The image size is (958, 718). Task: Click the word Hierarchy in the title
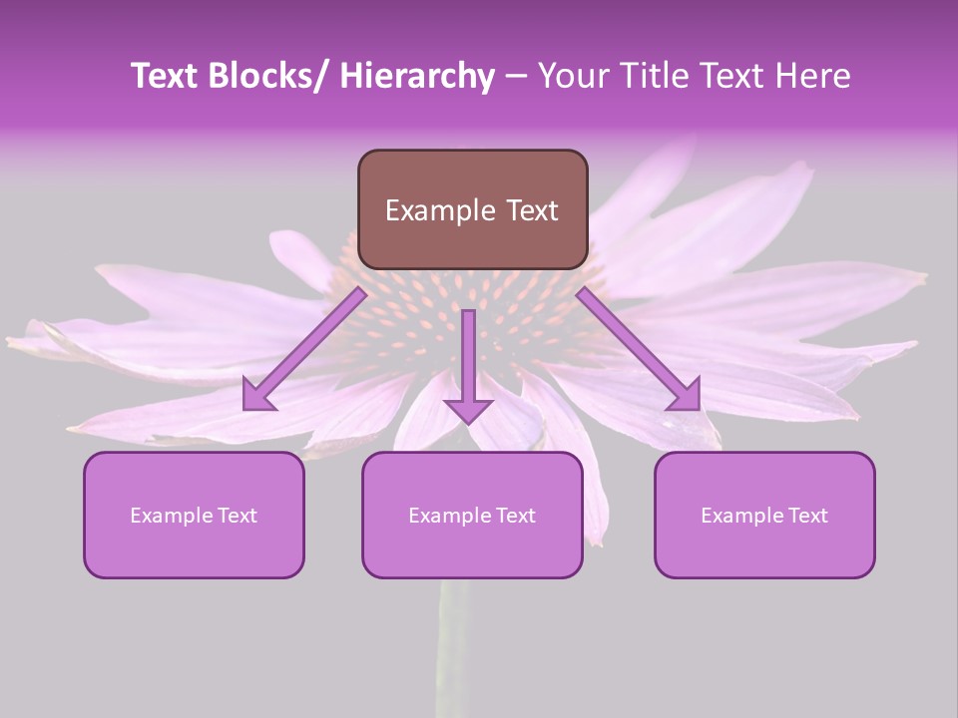(x=417, y=76)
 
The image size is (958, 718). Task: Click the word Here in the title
(x=810, y=76)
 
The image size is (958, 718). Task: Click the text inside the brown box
(x=472, y=210)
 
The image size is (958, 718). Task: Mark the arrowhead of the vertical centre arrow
(x=468, y=410)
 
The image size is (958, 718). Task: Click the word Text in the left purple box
(x=237, y=516)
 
